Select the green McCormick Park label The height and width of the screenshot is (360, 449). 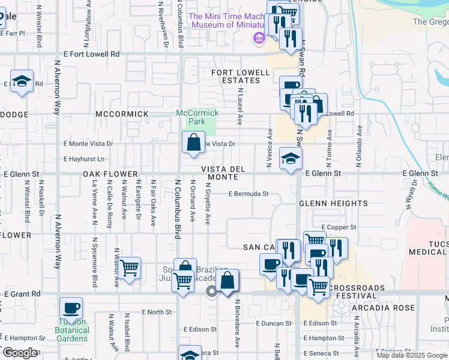click(x=197, y=116)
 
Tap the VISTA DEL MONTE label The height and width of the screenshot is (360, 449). click(x=223, y=173)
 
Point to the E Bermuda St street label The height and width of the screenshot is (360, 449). click(x=248, y=194)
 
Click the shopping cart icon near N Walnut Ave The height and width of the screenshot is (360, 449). click(x=129, y=268)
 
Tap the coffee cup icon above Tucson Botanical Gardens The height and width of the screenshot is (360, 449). click(x=71, y=308)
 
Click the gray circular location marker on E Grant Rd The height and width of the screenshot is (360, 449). click(x=211, y=292)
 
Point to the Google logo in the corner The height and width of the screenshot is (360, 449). click(x=20, y=352)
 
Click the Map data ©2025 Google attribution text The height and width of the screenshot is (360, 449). click(x=411, y=355)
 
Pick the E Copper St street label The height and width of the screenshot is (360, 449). click(x=339, y=227)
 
